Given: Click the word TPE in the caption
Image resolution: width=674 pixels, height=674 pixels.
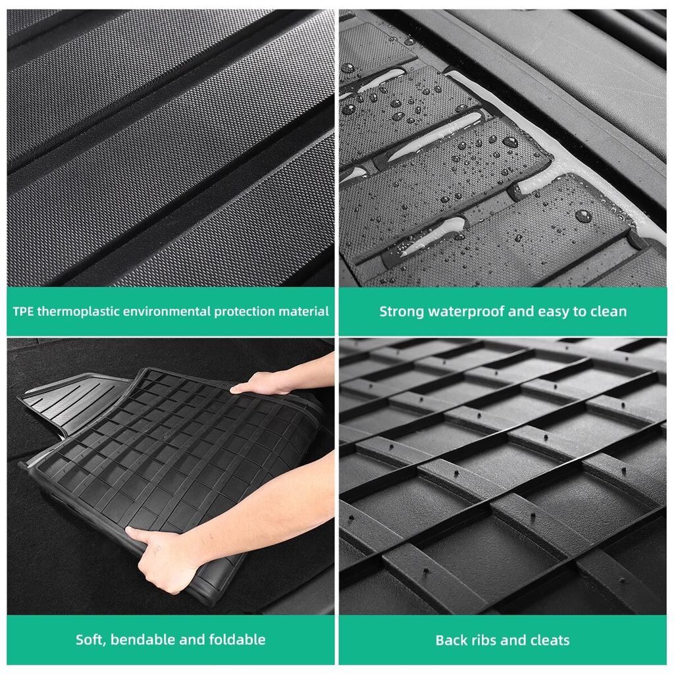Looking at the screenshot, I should pyautogui.click(x=24, y=311).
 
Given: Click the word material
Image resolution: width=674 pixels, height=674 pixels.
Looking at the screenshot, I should pyautogui.click(x=305, y=311).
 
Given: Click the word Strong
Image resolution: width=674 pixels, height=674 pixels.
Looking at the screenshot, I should pyautogui.click(x=402, y=311).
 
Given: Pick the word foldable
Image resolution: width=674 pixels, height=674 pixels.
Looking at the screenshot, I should pyautogui.click(x=238, y=640).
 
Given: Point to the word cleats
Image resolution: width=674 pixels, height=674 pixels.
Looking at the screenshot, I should pyautogui.click(x=550, y=640).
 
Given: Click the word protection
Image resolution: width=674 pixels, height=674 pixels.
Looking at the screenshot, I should pyautogui.click(x=244, y=311).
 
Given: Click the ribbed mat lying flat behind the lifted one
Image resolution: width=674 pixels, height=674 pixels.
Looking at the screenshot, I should pyautogui.click(x=72, y=402).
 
